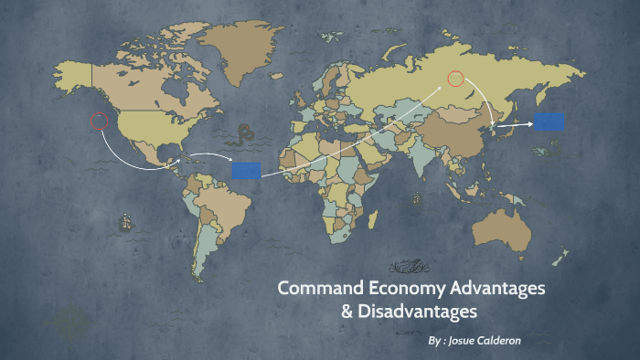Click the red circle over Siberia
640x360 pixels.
coord(455,79)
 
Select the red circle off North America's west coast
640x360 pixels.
coord(99,121)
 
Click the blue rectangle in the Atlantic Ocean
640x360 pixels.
coord(246,170)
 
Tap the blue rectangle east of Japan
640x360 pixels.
coord(549,122)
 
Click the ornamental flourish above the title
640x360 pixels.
coord(410,267)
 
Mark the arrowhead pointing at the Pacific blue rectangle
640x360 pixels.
coord(529,123)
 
